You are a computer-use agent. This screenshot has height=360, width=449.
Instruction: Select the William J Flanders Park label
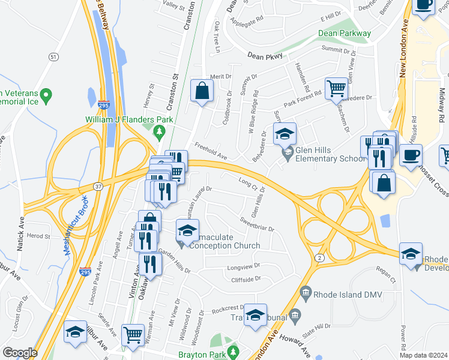click(128, 119)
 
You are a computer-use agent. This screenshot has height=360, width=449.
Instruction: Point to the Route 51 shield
click(53, 56)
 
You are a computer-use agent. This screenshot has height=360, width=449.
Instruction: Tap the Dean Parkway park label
click(345, 34)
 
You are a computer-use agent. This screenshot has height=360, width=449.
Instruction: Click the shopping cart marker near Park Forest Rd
click(337, 89)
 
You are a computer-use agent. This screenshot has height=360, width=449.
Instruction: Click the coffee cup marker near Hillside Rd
click(411, 155)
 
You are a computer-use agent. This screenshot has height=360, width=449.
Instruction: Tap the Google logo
click(20, 353)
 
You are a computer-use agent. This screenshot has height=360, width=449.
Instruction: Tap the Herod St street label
click(39, 236)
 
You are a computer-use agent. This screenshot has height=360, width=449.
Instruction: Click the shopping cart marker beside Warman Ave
click(133, 334)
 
